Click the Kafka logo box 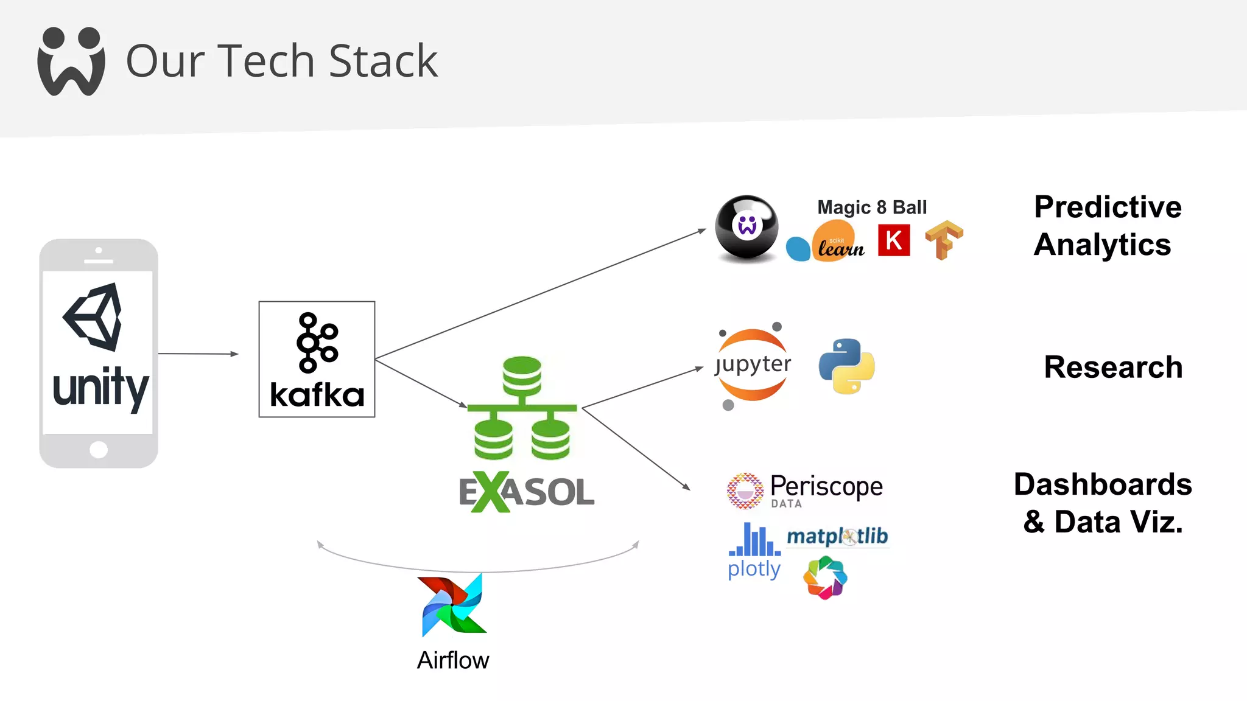(317, 359)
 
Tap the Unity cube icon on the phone (94, 317)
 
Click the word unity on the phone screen (100, 388)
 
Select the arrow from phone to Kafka (198, 354)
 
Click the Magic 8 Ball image (746, 229)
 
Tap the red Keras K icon (894, 240)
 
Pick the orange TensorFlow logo (944, 240)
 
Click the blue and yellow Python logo (846, 366)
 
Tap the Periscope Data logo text (826, 487)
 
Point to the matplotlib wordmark (837, 536)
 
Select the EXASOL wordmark (527, 492)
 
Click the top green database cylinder (522, 375)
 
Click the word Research (1113, 368)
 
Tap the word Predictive (1108, 208)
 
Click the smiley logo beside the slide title (71, 61)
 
